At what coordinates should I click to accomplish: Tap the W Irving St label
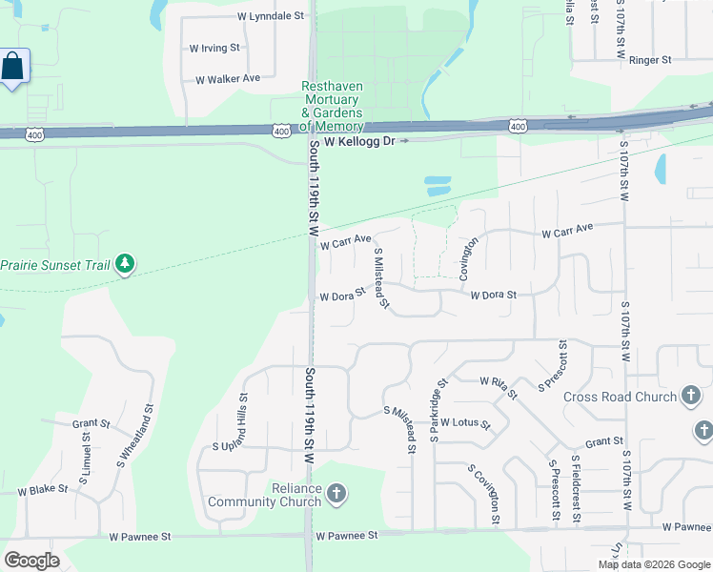pos(214,47)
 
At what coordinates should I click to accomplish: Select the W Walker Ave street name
pos(228,78)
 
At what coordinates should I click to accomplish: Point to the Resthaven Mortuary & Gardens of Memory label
pos(332,106)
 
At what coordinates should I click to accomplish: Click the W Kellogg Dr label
pos(358,141)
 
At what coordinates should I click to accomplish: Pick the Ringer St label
pos(651,59)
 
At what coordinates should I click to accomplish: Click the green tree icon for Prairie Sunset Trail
pos(125,263)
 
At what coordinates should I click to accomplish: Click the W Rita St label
pos(499,387)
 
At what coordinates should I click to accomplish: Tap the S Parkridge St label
pos(438,411)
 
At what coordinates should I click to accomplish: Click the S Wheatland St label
pos(135,438)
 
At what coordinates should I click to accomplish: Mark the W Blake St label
pos(43,490)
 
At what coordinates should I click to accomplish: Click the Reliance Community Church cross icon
pos(335,493)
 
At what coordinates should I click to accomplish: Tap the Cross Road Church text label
pos(619,397)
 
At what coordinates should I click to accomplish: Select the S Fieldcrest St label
pos(576,489)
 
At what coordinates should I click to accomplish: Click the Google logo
pos(31,561)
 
